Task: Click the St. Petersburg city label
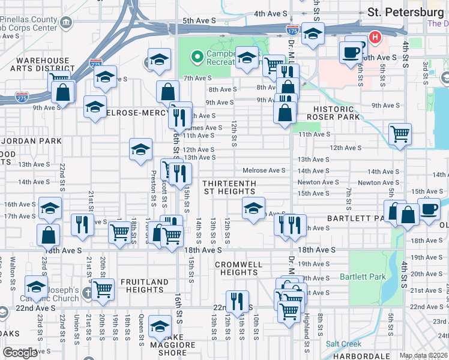tap(405, 12)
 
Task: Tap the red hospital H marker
tap(375, 37)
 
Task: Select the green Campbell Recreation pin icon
tap(196, 58)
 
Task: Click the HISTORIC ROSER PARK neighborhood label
tap(333, 113)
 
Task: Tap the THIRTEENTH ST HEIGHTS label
tap(229, 187)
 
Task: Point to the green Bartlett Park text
tap(362, 277)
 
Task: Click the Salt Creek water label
tap(343, 344)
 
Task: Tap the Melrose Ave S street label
tap(264, 170)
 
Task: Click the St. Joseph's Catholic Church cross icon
tap(88, 293)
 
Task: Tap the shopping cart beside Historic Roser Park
tap(400, 134)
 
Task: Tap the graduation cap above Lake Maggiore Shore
tap(160, 326)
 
